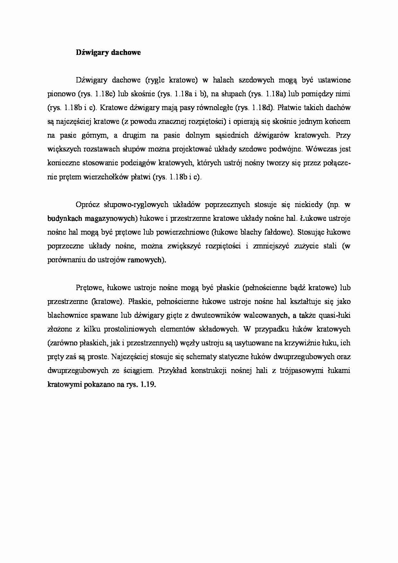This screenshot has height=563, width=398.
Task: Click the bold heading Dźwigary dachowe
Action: (x=108, y=53)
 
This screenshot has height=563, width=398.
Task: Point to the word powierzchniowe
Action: (x=190, y=232)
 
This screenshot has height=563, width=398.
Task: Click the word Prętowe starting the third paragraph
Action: (x=89, y=288)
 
